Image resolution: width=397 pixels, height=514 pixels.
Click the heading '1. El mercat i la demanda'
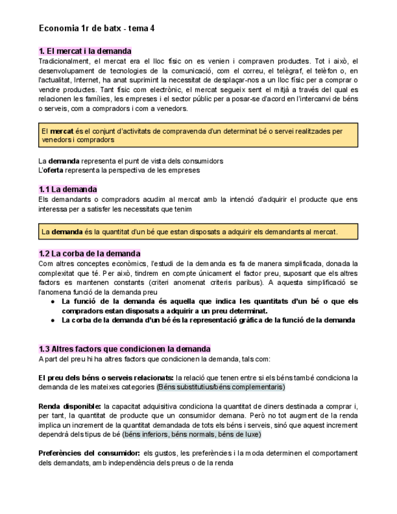[x=85, y=51]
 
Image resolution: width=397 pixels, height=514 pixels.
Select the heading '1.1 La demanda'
[x=67, y=189]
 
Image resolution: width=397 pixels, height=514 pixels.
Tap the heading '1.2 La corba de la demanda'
[x=89, y=253]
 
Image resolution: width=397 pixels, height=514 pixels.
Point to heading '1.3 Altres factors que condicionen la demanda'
[x=124, y=349]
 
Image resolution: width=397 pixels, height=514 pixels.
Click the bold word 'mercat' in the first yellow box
[x=62, y=131]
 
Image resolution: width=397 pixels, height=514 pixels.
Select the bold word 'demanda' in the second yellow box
[x=67, y=232]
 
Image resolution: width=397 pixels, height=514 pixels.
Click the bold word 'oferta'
[x=57, y=170]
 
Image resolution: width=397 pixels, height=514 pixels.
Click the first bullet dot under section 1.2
[x=53, y=301]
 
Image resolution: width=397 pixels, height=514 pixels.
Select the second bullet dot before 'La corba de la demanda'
[x=53, y=320]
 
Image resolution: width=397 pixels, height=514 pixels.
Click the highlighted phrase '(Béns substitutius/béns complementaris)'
[x=221, y=387]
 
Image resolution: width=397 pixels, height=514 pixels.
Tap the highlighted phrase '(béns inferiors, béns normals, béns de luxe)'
[x=192, y=434]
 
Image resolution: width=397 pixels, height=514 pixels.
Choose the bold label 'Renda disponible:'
[x=69, y=406]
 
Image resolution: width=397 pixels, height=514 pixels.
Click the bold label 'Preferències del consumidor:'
[x=88, y=453]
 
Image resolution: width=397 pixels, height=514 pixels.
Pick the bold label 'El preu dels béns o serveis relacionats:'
[x=106, y=378]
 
